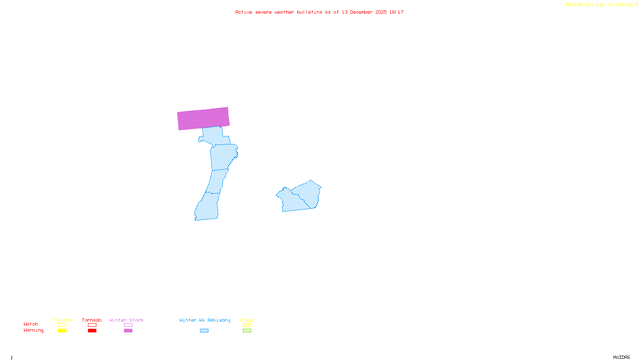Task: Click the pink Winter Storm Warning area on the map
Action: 203,118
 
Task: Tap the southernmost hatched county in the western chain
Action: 207,207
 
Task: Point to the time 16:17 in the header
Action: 396,12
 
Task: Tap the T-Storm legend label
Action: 62,320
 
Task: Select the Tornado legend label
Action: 92,320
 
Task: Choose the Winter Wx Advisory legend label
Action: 205,320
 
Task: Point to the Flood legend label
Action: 247,320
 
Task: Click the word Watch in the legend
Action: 31,324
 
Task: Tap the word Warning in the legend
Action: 34,330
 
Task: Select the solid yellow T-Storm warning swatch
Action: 62,331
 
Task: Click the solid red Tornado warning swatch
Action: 92,331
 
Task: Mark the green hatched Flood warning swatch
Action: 247,331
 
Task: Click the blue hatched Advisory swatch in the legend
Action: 204,331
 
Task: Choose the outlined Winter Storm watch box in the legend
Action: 128,325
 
